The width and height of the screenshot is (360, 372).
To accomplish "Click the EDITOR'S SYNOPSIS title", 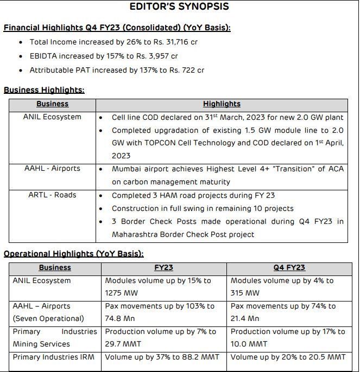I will pos(179,7).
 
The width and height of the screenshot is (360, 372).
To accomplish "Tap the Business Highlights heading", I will pos(44,91).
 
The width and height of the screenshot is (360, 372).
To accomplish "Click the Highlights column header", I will pos(222,104).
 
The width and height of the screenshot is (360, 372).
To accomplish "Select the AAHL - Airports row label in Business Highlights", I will pos(52,169).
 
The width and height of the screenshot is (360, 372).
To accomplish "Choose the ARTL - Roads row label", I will pos(52,195).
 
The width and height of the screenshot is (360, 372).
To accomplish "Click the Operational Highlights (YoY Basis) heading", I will pos(73,254).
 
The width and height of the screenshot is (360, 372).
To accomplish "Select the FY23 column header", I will pos(164,267).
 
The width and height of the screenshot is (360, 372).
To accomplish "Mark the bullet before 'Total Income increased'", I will pos(21,42).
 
